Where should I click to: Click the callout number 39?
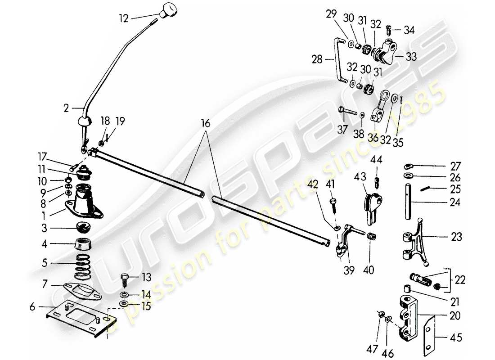pyautogui.click(x=349, y=270)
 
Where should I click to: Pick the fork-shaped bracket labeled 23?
pyautogui.click(x=417, y=243)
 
